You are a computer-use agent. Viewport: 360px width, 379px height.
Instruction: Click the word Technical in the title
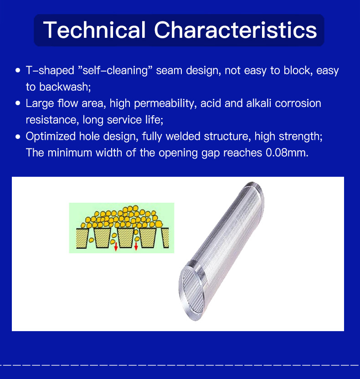point(94,30)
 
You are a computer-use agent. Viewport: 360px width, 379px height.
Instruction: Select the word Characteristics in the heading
point(236,30)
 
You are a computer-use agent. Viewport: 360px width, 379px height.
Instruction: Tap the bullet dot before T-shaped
point(18,70)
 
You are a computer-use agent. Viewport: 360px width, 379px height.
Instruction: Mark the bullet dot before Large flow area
point(18,103)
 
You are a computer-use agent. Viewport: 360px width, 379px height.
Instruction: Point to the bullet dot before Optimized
point(18,137)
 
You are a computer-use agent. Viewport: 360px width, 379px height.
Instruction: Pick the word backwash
point(65,87)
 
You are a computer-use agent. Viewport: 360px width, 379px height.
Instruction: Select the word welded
point(183,136)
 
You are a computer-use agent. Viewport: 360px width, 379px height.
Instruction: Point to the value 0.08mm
point(287,153)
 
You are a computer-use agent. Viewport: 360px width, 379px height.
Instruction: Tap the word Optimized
point(51,137)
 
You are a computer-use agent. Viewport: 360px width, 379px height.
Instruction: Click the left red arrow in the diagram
point(116,246)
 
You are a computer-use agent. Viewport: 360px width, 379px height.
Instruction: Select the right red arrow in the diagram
point(136,246)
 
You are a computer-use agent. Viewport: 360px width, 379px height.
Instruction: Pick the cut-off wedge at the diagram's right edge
point(165,238)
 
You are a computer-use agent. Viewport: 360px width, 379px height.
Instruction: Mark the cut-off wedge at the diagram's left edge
point(82,238)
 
